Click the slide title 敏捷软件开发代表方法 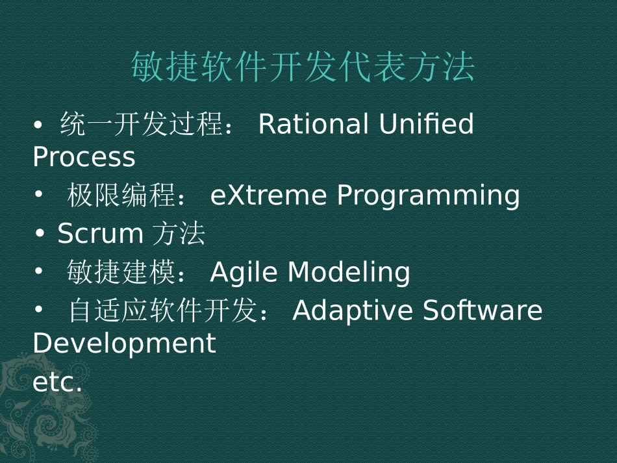click(x=303, y=66)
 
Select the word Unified click(x=426, y=123)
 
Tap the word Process click(x=84, y=157)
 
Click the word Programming click(x=428, y=196)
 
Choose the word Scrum click(x=100, y=233)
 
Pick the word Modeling click(x=349, y=272)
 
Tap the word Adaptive click(x=353, y=310)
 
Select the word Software click(x=483, y=310)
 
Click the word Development click(x=124, y=343)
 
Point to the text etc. click(x=57, y=382)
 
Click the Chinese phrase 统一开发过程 click(x=142, y=123)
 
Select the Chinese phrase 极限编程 click(x=121, y=195)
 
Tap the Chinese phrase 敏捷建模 click(x=121, y=272)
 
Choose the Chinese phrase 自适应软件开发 click(x=163, y=310)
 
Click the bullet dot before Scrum click(x=40, y=233)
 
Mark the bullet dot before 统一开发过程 click(x=38, y=125)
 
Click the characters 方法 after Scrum click(x=178, y=233)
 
